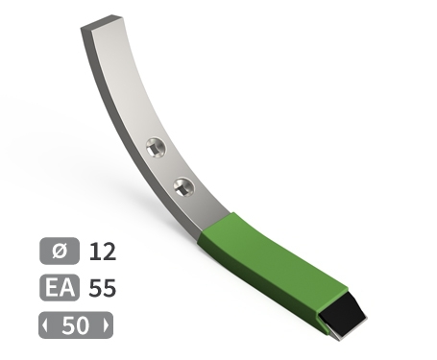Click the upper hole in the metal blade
pyautogui.click(x=156, y=148)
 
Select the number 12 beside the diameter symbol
pyautogui.click(x=102, y=252)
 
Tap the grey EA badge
pyautogui.click(x=60, y=288)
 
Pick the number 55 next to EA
pyautogui.click(x=102, y=288)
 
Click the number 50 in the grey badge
pyautogui.click(x=75, y=324)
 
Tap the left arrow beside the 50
pyautogui.click(x=45, y=324)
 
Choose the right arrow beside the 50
pyautogui.click(x=105, y=324)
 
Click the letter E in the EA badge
pyautogui.click(x=53, y=288)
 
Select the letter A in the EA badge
pyautogui.click(x=67, y=288)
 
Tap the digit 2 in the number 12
pyautogui.click(x=108, y=252)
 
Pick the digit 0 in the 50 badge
pyautogui.click(x=82, y=324)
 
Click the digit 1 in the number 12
pyautogui.click(x=94, y=252)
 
